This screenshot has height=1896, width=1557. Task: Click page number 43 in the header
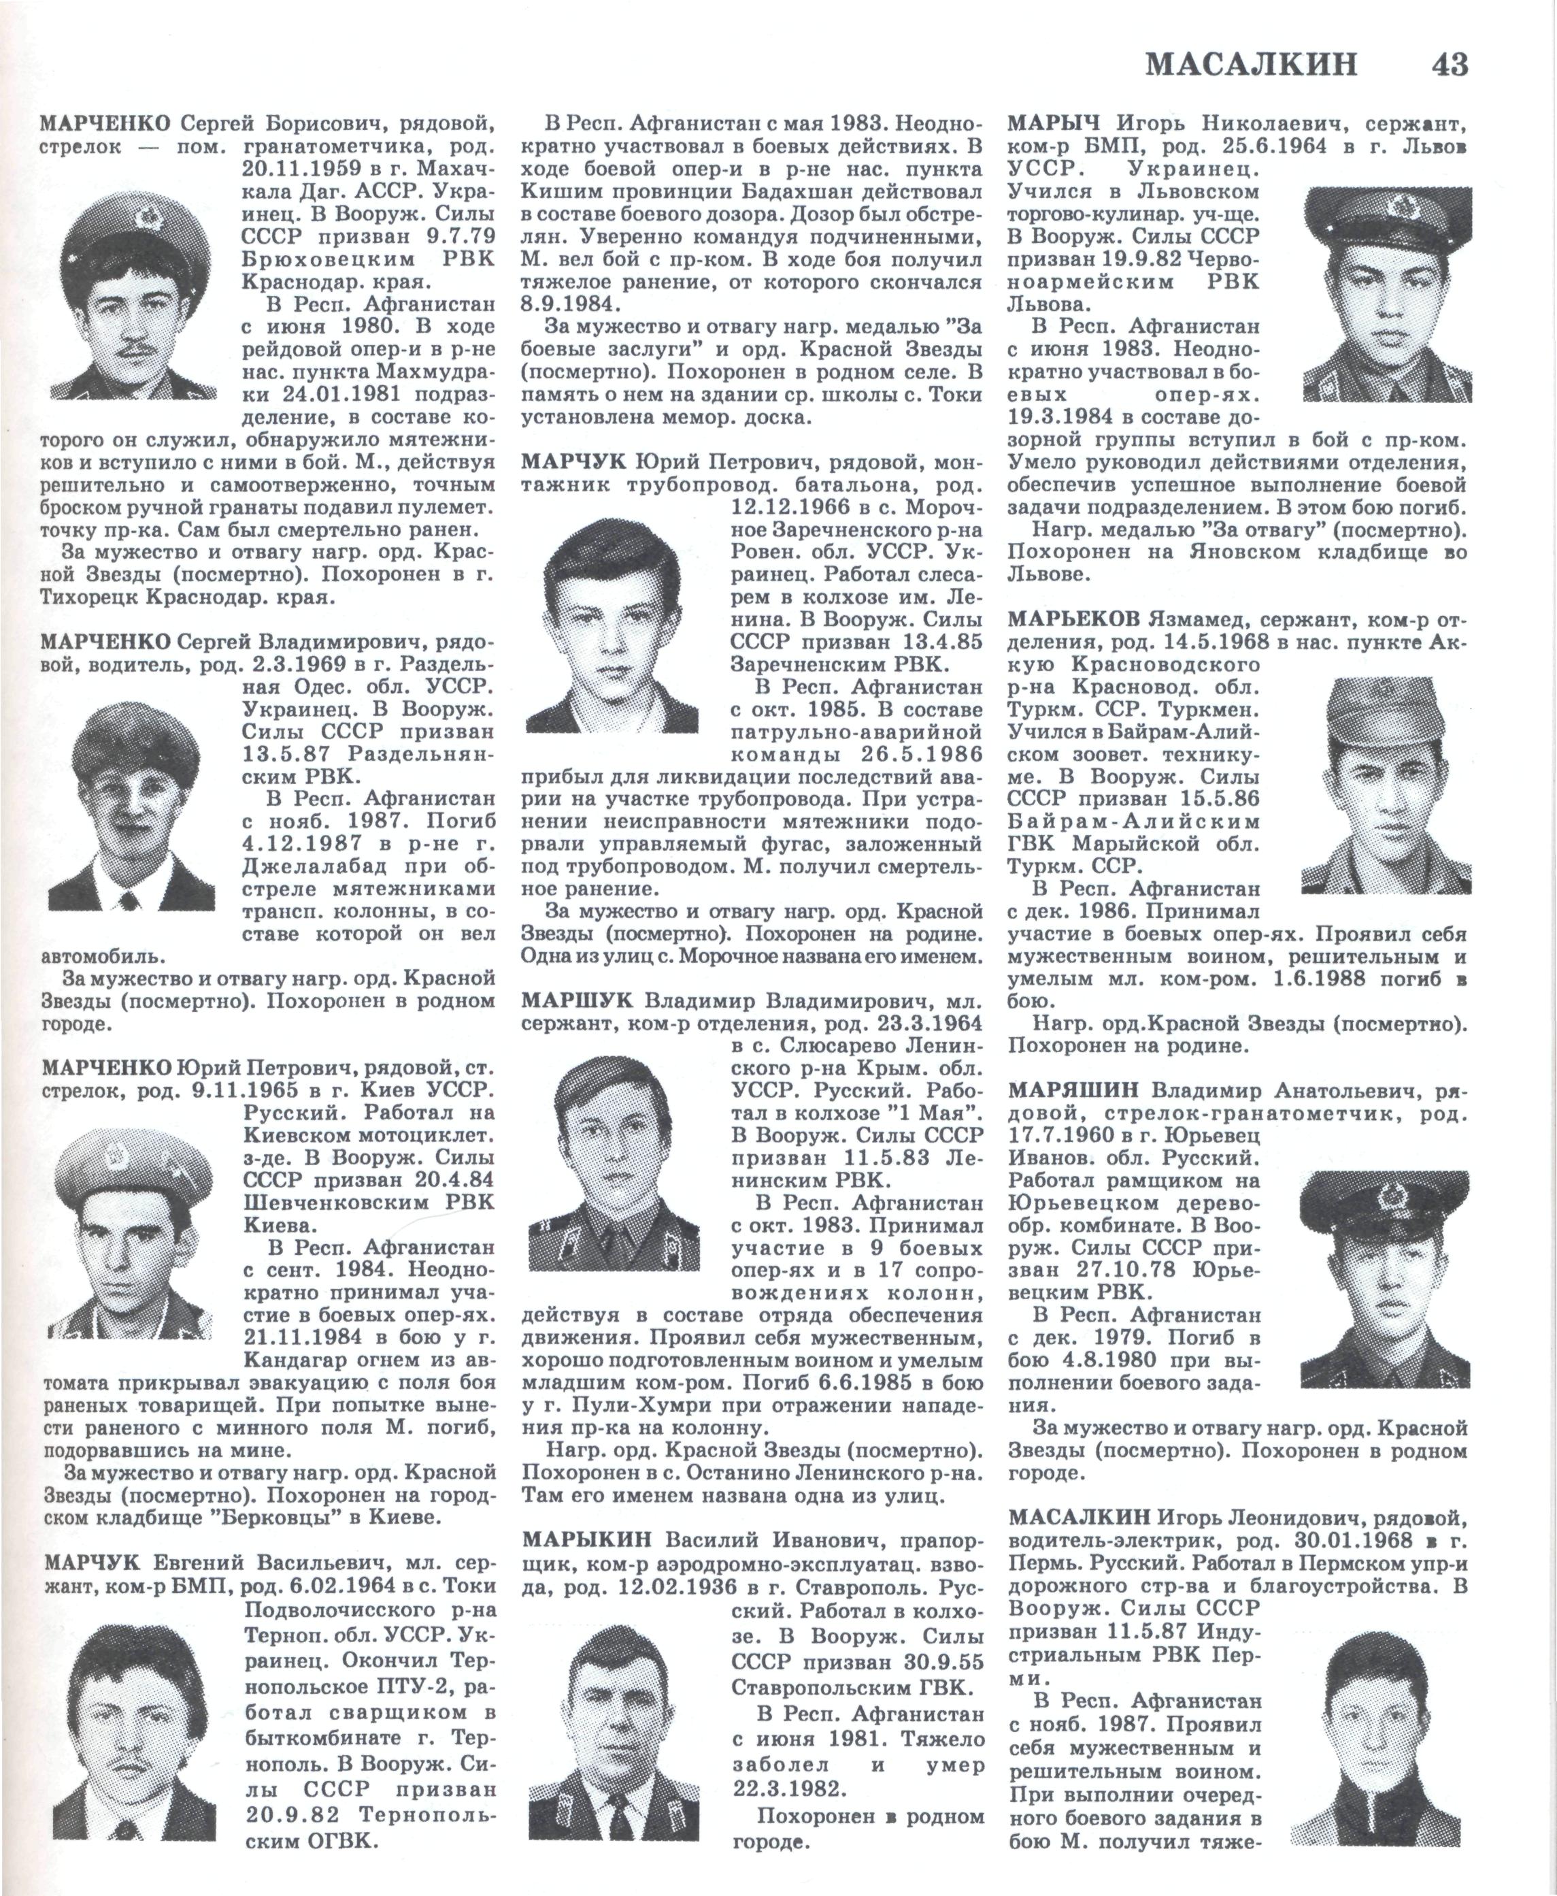[1443, 65]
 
